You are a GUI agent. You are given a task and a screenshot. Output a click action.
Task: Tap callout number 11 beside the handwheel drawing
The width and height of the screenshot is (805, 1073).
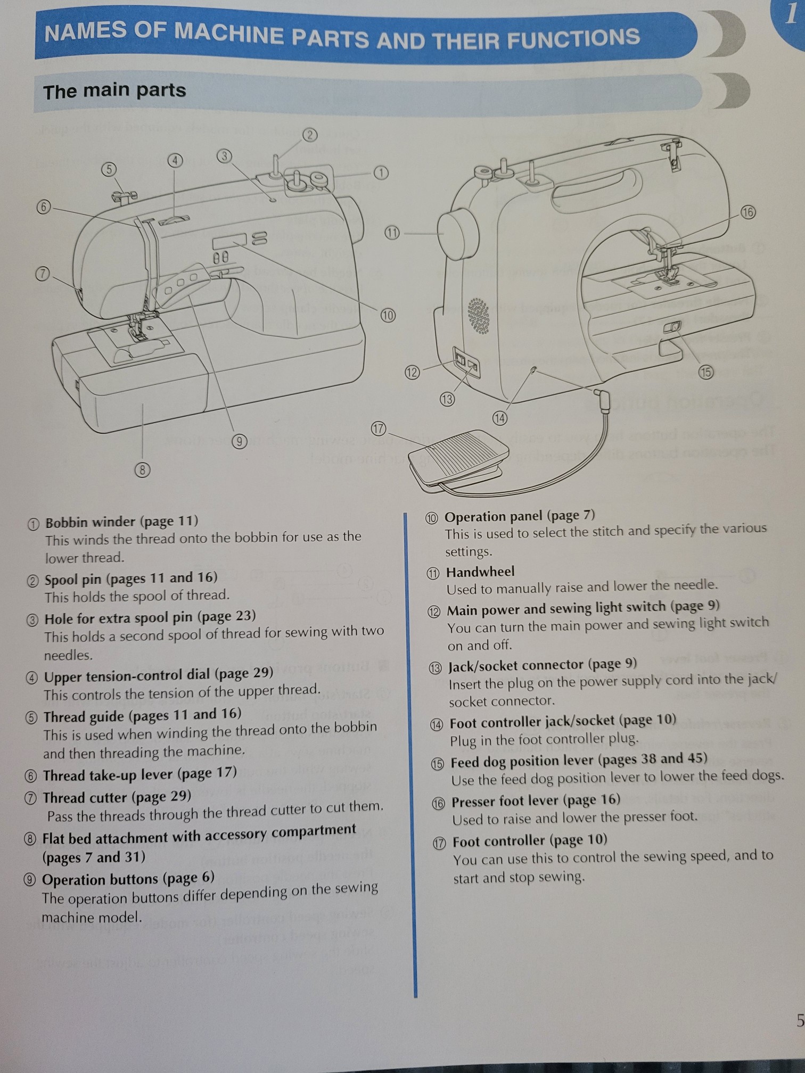pyautogui.click(x=392, y=233)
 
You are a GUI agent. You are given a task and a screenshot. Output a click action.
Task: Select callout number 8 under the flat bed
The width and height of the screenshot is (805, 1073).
pyautogui.click(x=142, y=470)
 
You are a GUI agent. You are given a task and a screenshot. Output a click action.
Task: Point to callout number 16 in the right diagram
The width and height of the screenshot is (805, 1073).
pyautogui.click(x=748, y=212)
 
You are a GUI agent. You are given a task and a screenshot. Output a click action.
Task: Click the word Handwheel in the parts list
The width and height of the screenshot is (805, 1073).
pyautogui.click(x=480, y=572)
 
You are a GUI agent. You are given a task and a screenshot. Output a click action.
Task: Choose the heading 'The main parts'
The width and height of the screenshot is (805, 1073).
pyautogui.click(x=114, y=90)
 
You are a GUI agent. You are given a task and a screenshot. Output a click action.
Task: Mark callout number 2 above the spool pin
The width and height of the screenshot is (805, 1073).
pyautogui.click(x=310, y=135)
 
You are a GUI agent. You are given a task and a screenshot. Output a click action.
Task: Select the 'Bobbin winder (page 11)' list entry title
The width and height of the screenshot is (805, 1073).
pyautogui.click(x=121, y=521)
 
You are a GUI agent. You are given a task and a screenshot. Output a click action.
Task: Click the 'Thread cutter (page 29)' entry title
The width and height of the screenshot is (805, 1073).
pyautogui.click(x=117, y=797)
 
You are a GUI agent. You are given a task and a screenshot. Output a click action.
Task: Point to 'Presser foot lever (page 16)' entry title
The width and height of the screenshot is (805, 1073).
pyautogui.click(x=536, y=800)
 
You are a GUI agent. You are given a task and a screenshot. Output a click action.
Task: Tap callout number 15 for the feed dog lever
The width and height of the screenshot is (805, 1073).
pyautogui.click(x=706, y=372)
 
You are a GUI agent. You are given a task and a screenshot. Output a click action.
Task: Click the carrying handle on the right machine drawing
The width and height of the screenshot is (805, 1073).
pyautogui.click(x=596, y=189)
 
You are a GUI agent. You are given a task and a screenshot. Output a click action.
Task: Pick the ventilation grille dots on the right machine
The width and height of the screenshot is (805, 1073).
pyautogui.click(x=479, y=316)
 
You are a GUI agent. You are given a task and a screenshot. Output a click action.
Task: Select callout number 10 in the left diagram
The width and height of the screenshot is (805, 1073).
pyautogui.click(x=388, y=315)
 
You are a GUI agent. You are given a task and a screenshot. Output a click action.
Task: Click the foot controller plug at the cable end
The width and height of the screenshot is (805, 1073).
pyautogui.click(x=603, y=398)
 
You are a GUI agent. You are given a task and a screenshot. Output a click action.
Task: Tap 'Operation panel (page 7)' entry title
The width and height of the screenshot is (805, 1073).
pyautogui.click(x=520, y=516)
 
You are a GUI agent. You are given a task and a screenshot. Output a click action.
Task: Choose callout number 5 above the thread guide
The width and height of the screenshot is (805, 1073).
pyautogui.click(x=109, y=169)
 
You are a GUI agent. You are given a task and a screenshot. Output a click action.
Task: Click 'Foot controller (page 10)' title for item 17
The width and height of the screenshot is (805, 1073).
pyautogui.click(x=530, y=840)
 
